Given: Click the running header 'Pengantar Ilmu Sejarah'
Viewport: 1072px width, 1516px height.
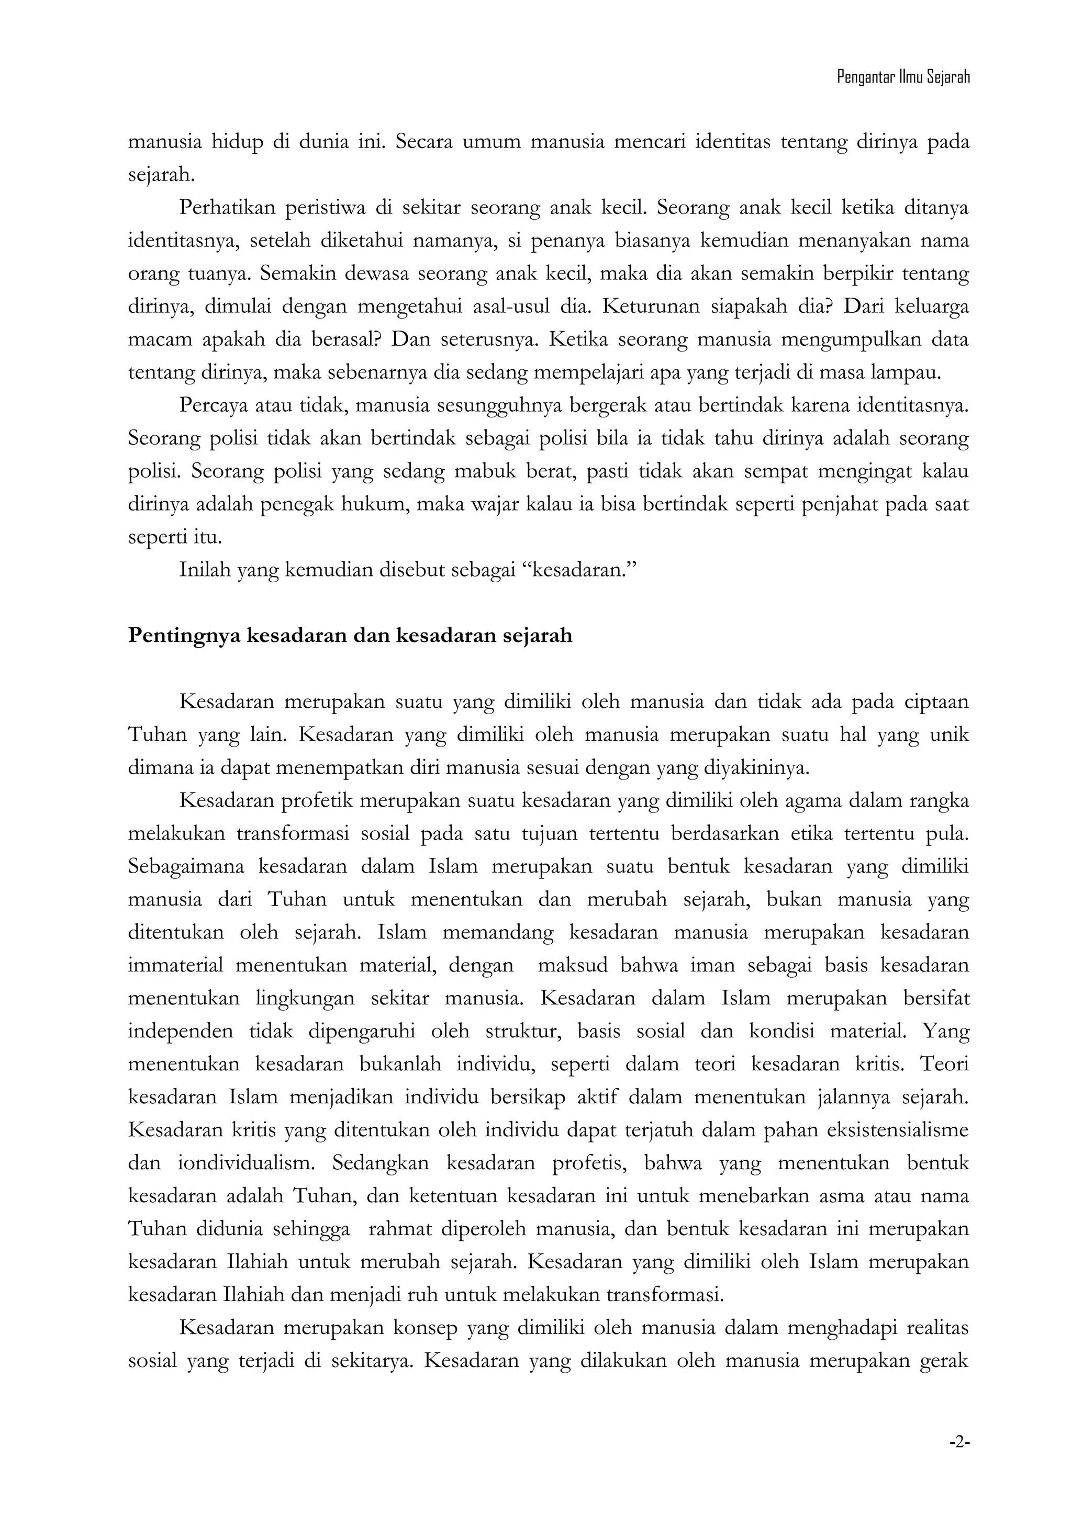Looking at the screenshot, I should pyautogui.click(x=903, y=78).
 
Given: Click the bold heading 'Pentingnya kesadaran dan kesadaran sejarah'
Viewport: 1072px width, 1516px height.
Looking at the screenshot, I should pyautogui.click(x=350, y=636).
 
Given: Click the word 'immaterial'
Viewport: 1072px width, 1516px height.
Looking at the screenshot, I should pyautogui.click(x=176, y=965).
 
